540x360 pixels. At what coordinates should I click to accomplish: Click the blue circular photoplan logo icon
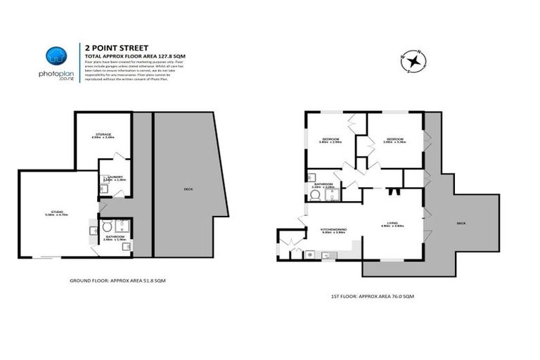tap(56, 56)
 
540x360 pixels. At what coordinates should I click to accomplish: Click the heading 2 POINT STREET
tap(110, 49)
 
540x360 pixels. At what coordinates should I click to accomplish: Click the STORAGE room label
tap(103, 134)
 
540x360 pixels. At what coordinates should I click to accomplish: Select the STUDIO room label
tap(53, 213)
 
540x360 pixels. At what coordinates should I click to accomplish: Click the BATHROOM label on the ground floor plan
tap(115, 238)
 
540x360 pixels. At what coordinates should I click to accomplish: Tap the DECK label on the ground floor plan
tap(188, 188)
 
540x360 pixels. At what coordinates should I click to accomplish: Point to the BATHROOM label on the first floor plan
tap(323, 184)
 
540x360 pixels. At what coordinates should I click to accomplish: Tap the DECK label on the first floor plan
tap(461, 224)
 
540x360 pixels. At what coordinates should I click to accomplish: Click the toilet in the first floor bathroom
tap(314, 196)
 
